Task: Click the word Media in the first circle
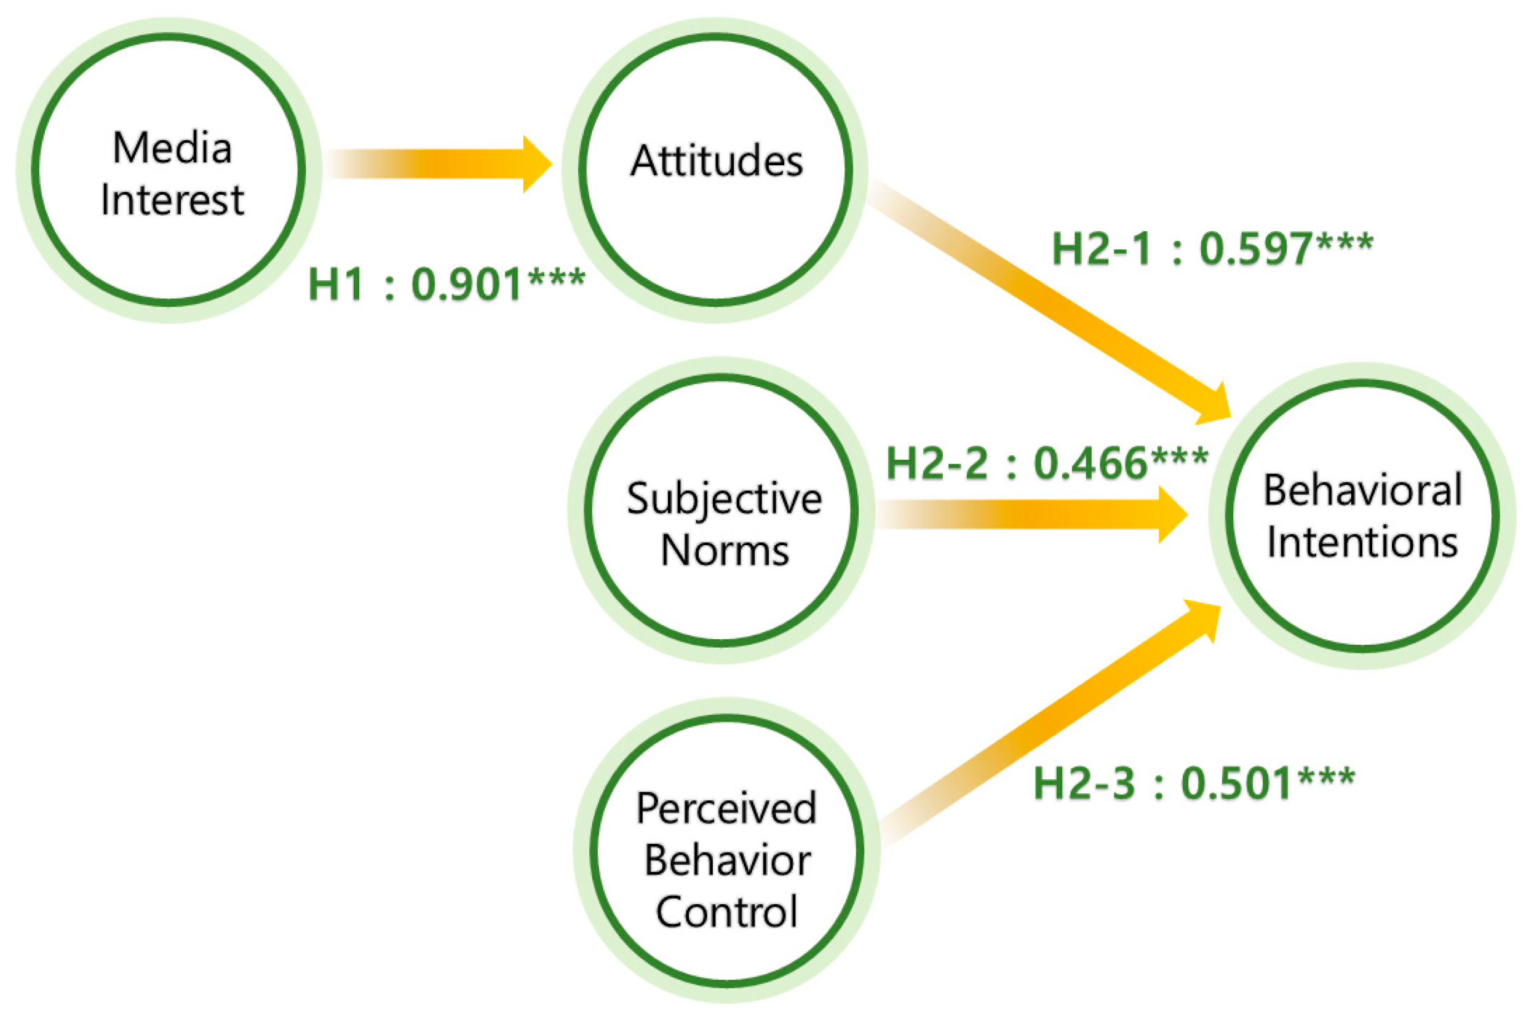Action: (x=172, y=148)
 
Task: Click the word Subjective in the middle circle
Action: (x=724, y=500)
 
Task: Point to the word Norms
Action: (x=725, y=551)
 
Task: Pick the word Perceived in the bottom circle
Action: (x=726, y=809)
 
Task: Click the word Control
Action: (x=726, y=912)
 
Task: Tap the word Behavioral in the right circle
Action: (x=1362, y=490)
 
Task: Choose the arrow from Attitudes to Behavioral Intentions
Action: (x=1050, y=301)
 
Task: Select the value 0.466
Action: (x=1089, y=463)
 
